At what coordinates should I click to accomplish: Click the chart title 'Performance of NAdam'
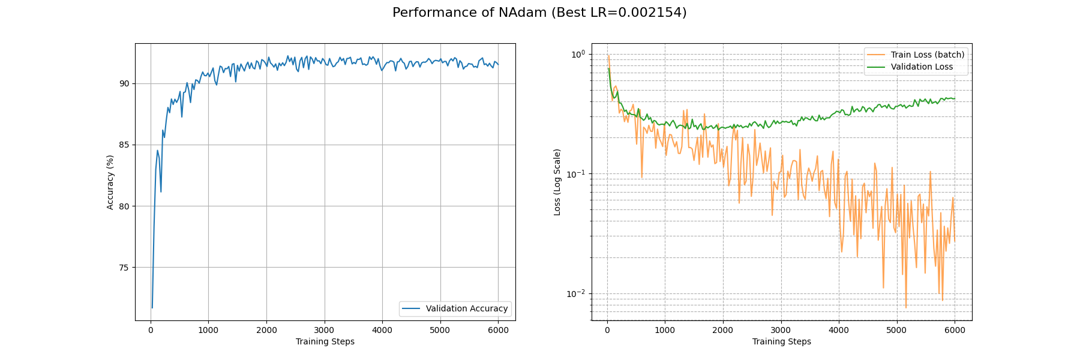pos(539,13)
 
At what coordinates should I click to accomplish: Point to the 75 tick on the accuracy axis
pos(124,268)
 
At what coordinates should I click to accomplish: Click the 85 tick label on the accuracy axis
pos(124,145)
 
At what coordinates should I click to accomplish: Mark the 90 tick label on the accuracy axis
pos(124,83)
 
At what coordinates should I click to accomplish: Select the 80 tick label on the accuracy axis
pos(124,206)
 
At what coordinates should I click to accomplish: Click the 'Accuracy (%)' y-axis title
pos(110,182)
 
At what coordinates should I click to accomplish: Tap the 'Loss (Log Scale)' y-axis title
pos(557,182)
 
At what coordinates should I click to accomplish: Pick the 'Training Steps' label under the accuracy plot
pos(325,342)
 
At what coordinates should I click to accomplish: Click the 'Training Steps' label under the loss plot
pos(781,342)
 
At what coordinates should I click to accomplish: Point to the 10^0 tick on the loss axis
pos(577,54)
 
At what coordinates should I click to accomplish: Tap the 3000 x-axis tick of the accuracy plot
pos(324,330)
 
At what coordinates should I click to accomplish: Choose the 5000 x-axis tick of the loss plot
pos(896,330)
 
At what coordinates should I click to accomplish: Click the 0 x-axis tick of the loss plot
pos(607,330)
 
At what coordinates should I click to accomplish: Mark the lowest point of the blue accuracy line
pos(152,308)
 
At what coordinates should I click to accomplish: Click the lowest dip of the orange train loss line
pos(906,308)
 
